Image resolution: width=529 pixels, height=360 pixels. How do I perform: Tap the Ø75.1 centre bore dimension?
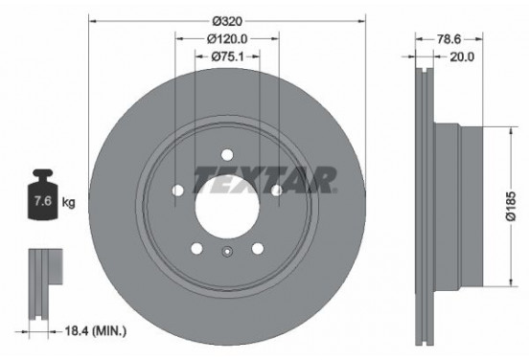[x=226, y=56]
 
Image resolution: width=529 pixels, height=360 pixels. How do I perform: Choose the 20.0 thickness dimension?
[x=462, y=56]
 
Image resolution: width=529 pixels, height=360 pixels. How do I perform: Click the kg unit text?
[x=68, y=203]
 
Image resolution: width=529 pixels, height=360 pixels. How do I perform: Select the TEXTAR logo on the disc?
[x=264, y=179]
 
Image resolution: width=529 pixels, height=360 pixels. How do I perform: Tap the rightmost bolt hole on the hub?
[x=276, y=191]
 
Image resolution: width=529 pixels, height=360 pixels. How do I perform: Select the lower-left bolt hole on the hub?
[x=195, y=249]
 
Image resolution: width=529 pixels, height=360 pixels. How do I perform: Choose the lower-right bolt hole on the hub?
[x=257, y=249]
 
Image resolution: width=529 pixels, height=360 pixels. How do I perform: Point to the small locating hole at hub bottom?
[x=226, y=254]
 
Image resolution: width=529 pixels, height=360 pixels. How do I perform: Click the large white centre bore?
[x=226, y=205]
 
